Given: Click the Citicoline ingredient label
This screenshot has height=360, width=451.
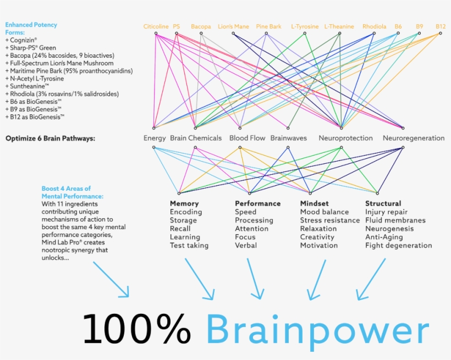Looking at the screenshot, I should coord(156,26).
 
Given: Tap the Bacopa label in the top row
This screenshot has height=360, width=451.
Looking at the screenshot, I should coord(201,26).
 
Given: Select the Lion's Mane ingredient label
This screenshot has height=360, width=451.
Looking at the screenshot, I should coord(233,26).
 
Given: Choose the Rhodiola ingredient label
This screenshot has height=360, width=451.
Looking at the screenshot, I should coord(374,26).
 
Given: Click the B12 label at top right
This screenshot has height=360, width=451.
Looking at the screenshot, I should coord(441,26).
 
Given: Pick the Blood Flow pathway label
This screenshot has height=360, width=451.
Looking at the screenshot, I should coord(247,138).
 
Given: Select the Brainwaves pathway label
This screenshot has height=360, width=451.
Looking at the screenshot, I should coord(288,138).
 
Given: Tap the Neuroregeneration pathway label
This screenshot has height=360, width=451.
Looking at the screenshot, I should coord(414,138).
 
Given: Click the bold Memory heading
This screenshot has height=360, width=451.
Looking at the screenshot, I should coord(184,203).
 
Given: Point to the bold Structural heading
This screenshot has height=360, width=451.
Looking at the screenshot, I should coord(383,203).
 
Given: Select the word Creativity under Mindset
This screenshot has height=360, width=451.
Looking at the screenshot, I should coord(317,237).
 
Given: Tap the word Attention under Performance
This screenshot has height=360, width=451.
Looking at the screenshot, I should coord(251,229).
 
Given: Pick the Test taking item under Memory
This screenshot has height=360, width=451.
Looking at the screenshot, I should coord(189,246).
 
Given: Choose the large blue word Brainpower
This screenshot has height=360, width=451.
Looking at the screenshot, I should coord(317,330).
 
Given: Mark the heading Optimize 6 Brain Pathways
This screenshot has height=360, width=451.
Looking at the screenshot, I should coord(50,139).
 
